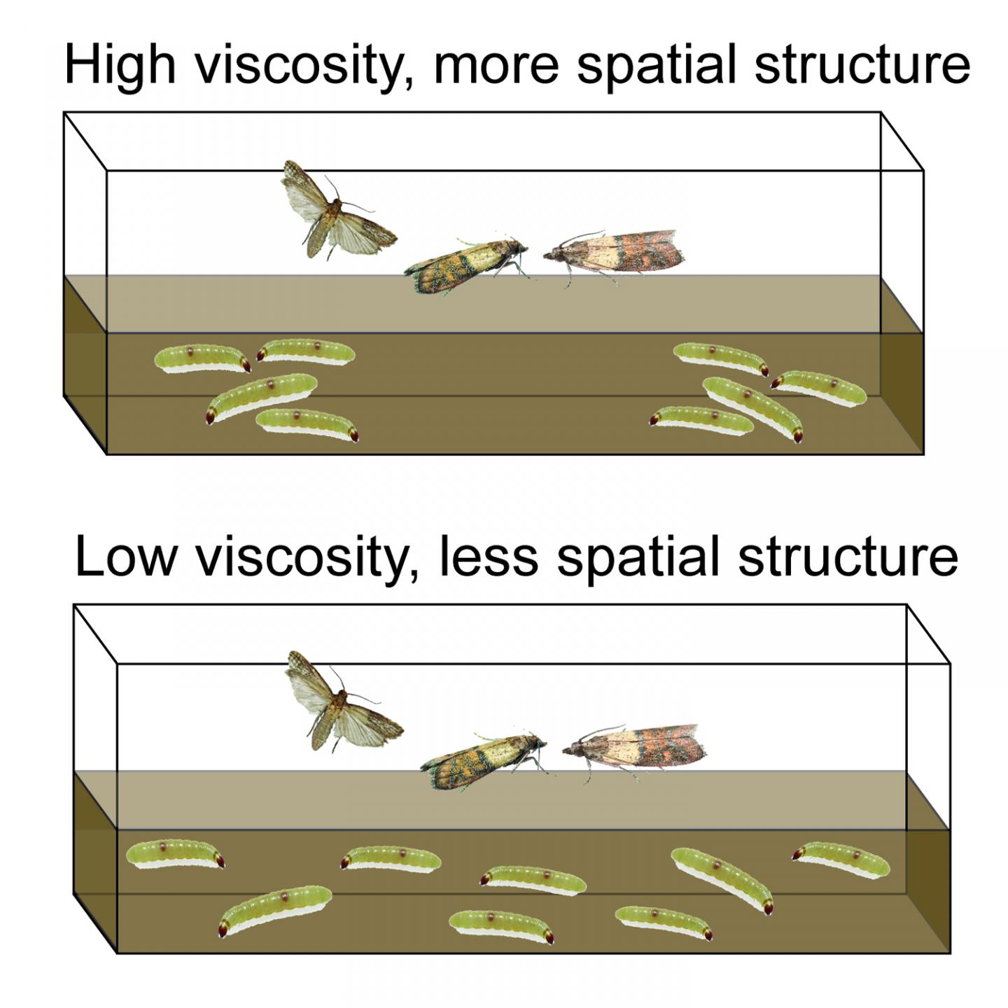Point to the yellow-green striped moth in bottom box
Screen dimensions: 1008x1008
coord(483,760)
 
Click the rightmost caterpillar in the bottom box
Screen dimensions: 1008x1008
coord(841,859)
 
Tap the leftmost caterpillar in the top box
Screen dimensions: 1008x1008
coord(202,358)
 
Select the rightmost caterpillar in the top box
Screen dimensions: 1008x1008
coord(819,388)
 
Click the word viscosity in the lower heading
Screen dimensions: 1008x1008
coord(300,558)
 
